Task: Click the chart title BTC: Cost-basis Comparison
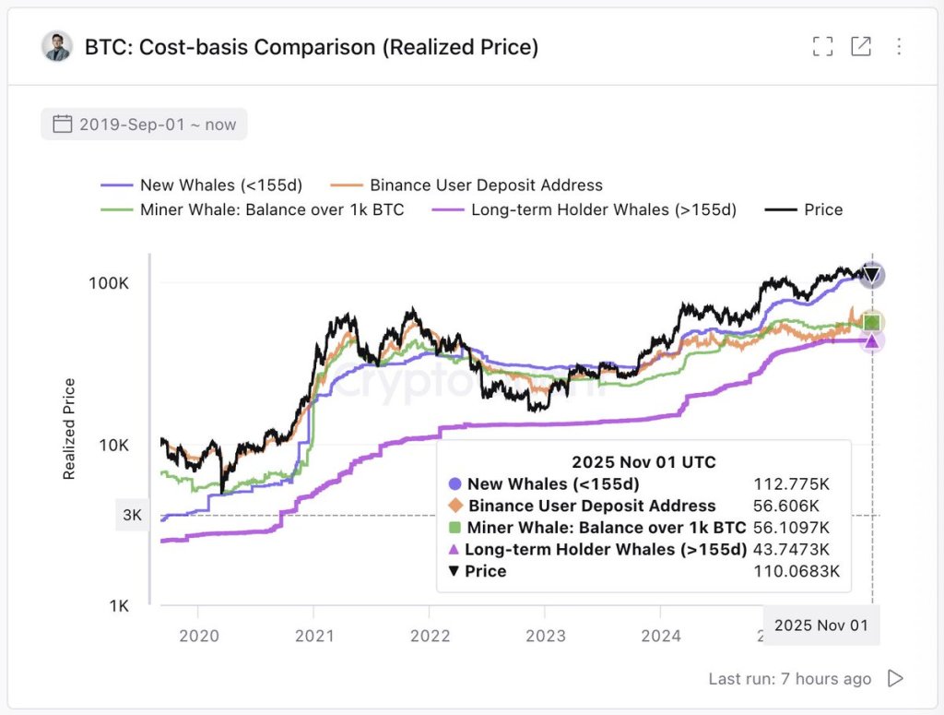[x=312, y=46]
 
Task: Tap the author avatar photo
[x=57, y=46]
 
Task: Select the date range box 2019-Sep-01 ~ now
[x=144, y=125]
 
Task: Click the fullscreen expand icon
[x=822, y=46]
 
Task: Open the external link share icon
[x=860, y=46]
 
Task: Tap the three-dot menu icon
[x=899, y=46]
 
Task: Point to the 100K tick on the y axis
[x=109, y=283]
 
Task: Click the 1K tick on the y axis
[x=117, y=606]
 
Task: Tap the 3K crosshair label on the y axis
[x=132, y=516]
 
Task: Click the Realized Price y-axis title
[x=69, y=429]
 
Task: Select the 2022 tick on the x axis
[x=430, y=636]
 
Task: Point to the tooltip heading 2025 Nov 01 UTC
[x=643, y=462]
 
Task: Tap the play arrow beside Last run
[x=895, y=679]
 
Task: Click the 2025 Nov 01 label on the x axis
[x=820, y=625]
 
